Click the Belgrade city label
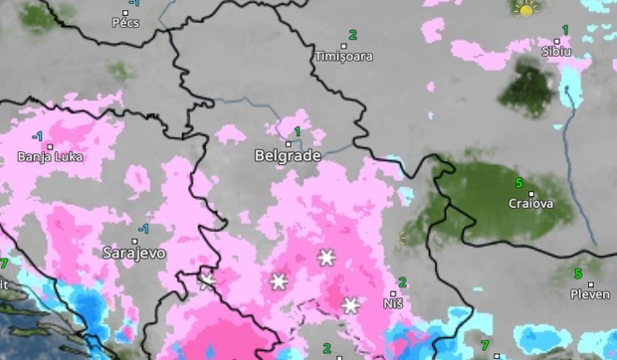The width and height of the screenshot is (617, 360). tap(288, 156)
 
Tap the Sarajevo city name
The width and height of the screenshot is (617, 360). tap(134, 253)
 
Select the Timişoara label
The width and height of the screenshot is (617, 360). tap(343, 57)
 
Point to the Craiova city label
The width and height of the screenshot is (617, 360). tap(531, 204)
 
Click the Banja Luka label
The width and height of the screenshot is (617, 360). tap(49, 157)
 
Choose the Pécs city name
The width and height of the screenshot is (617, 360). tap(126, 22)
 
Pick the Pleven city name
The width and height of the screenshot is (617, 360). tap(590, 293)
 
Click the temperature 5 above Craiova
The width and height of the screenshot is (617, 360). tap(518, 183)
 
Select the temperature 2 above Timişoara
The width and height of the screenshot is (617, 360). tap(351, 35)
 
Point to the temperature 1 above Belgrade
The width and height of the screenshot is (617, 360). tap(296, 132)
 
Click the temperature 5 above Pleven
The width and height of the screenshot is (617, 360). tap(578, 273)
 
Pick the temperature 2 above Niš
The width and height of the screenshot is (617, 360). tap(402, 282)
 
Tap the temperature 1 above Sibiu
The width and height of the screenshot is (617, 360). tap(565, 30)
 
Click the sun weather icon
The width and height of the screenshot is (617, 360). tap(525, 9)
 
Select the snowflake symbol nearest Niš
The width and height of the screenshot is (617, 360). tap(350, 304)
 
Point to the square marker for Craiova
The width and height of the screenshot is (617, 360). tap(531, 194)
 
